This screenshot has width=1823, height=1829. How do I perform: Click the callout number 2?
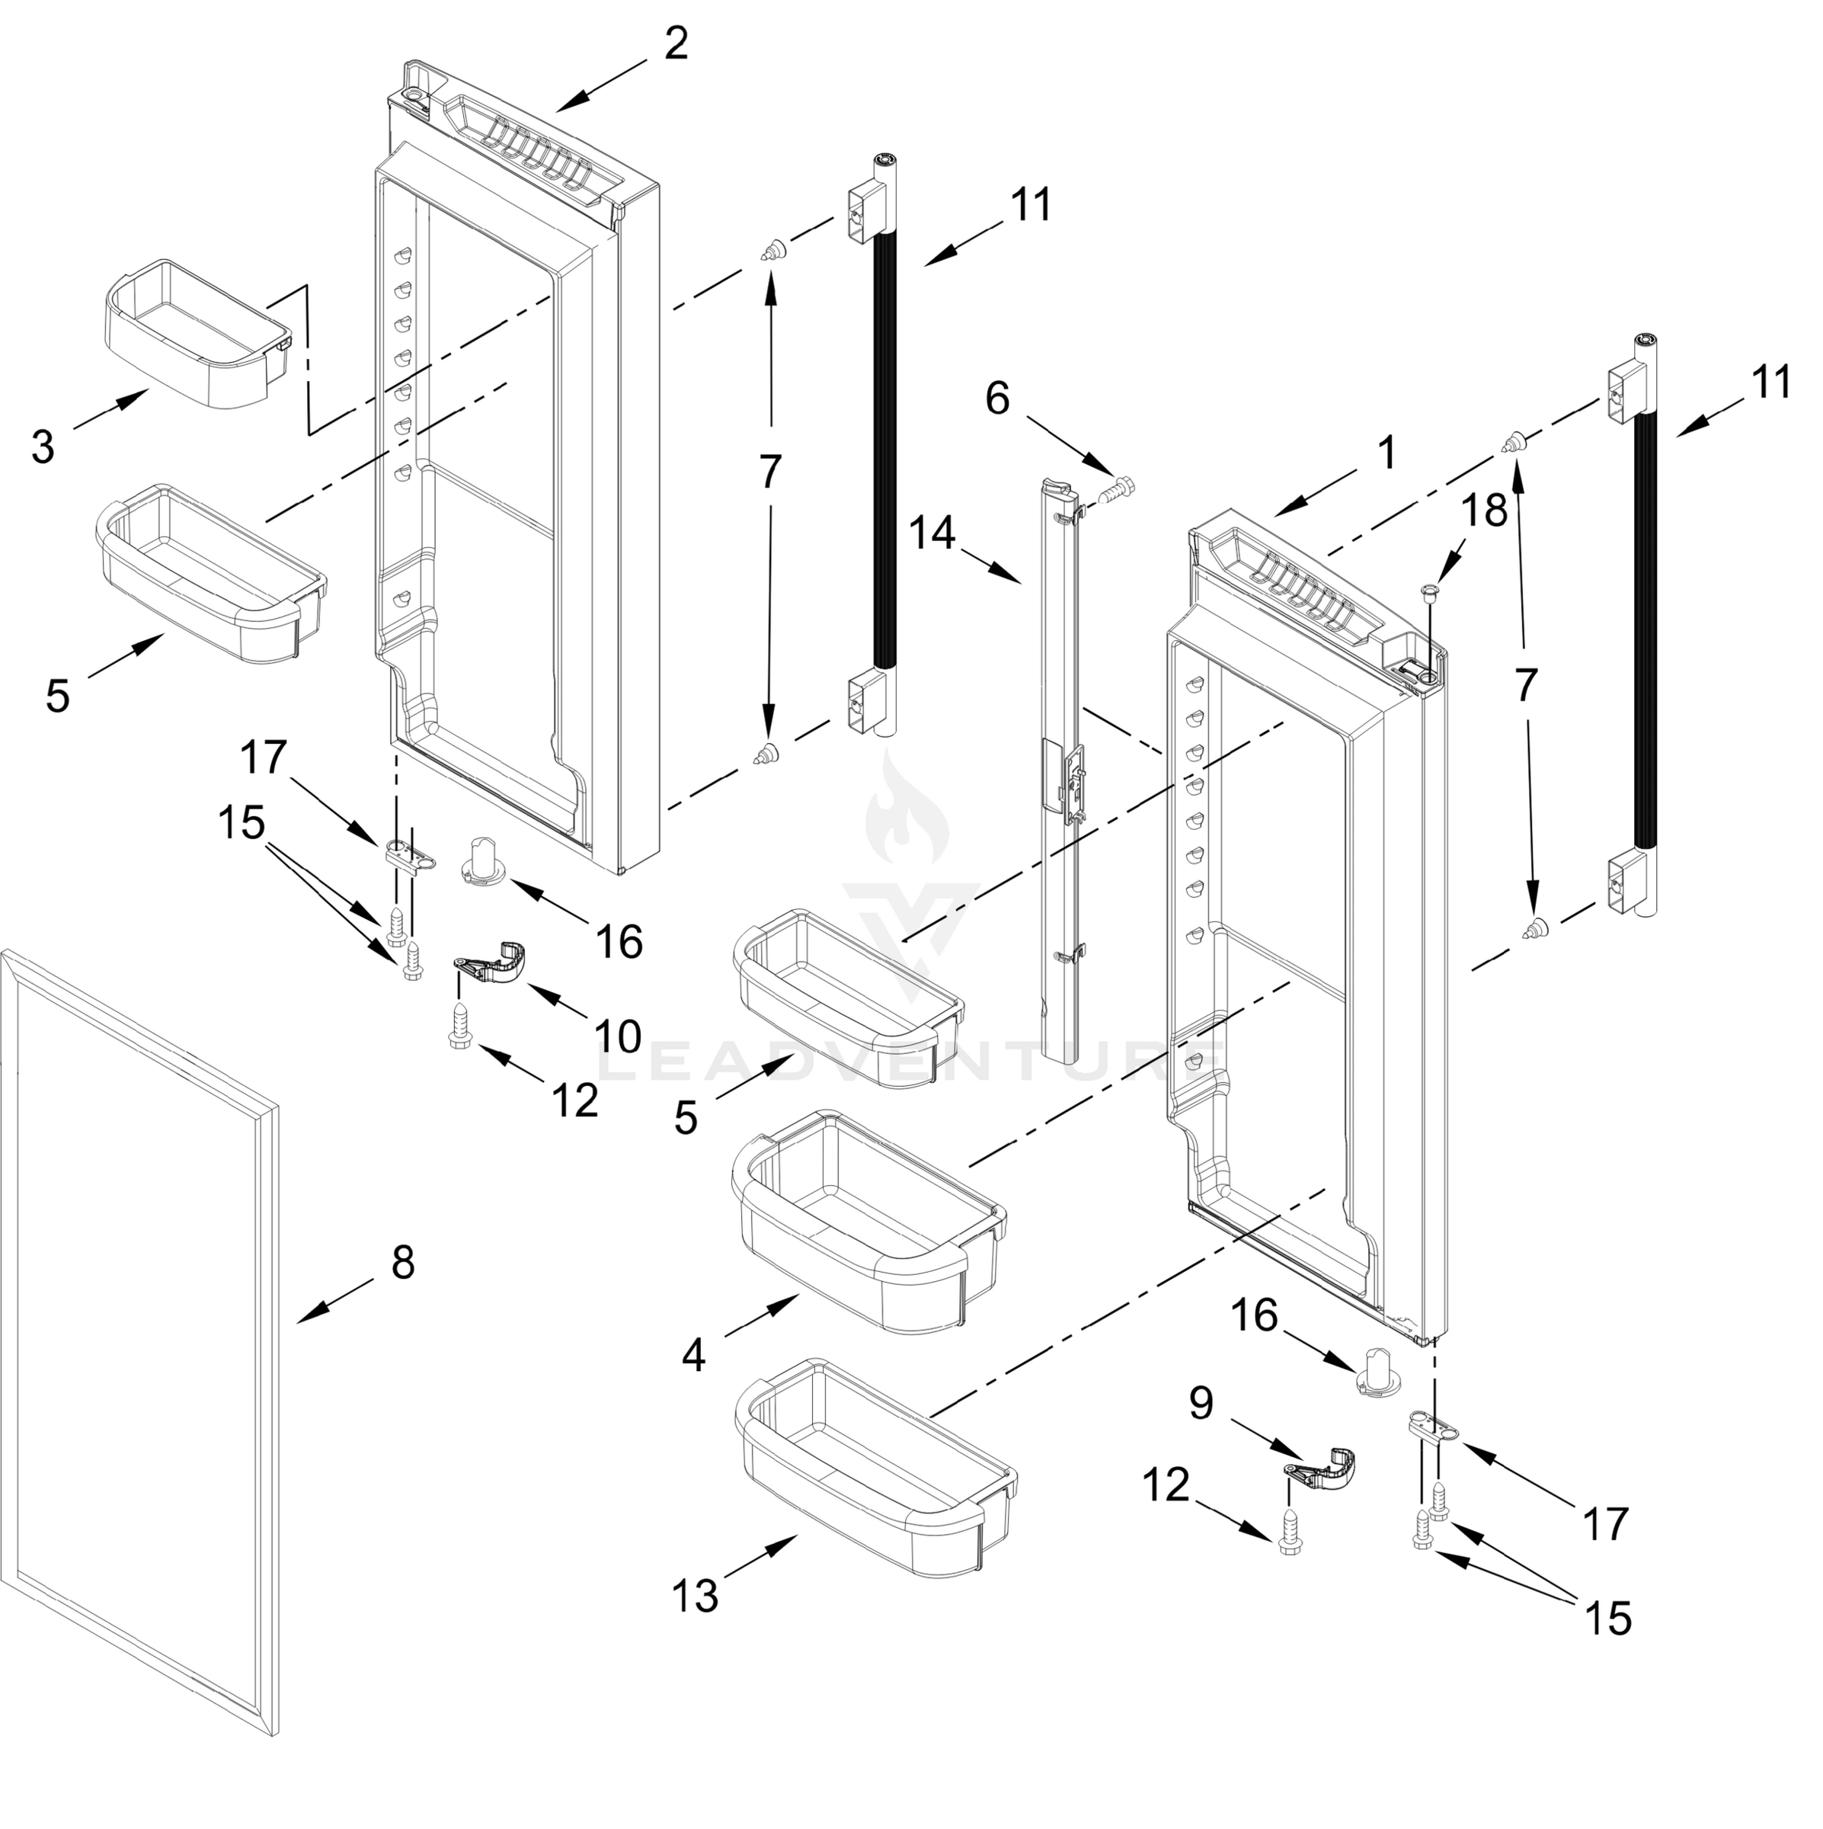675,43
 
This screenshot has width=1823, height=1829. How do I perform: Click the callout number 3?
43,447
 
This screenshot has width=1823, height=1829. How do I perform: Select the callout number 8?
402,1262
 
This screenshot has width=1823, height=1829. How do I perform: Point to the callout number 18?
1484,511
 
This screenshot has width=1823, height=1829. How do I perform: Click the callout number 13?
696,1596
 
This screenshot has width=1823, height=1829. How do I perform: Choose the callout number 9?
1200,1402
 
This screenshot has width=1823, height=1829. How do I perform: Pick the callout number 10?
618,1036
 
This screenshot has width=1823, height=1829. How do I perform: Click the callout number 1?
1386,453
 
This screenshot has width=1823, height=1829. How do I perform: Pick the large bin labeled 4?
866,1221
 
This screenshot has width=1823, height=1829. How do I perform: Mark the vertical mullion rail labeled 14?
1060,758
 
